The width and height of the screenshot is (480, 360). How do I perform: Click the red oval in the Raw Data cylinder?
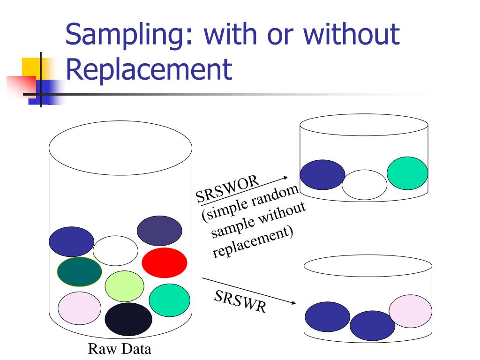[165, 262]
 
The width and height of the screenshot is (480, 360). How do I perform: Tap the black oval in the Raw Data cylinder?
[128, 319]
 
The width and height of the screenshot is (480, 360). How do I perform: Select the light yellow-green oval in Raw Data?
[124, 286]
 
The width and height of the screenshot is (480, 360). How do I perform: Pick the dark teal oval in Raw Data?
[79, 271]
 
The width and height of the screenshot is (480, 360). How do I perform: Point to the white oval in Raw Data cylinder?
[115, 251]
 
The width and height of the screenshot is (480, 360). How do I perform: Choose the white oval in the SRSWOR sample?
[364, 185]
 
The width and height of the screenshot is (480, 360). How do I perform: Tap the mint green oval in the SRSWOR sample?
[407, 173]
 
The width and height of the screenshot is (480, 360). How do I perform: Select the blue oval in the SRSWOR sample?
[322, 175]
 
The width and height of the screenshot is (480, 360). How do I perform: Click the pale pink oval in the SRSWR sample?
[411, 311]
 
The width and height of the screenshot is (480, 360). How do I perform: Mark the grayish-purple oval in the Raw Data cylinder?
[159, 231]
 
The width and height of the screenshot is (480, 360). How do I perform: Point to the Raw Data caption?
[120, 350]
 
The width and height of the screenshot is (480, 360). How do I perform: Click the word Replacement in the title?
[149, 69]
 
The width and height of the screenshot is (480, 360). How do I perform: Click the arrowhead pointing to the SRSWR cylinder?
[293, 303]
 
